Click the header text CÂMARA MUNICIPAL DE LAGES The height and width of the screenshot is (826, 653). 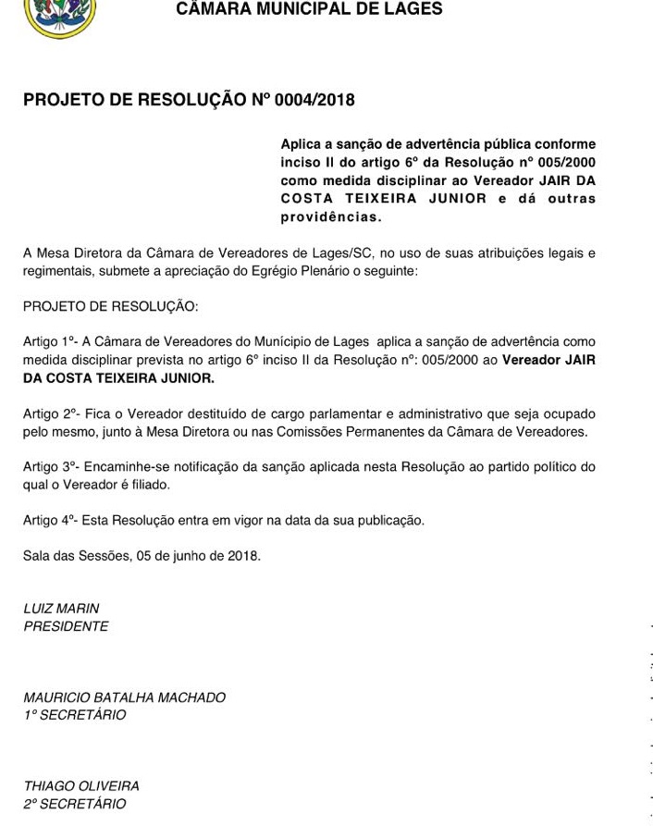pos(309,10)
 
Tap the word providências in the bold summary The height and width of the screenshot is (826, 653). pos(330,217)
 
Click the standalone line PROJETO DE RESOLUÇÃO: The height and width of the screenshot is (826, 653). pos(110,306)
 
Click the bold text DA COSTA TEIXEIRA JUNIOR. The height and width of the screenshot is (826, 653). pos(118,378)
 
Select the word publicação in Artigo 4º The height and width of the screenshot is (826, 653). pos(388,521)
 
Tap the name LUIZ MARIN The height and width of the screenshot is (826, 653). pos(61,609)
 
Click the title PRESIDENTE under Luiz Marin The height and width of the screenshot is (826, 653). pos(66,626)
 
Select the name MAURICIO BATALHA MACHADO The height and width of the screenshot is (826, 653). pos(124,697)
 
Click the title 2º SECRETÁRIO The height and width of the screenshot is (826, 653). pos(74,804)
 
